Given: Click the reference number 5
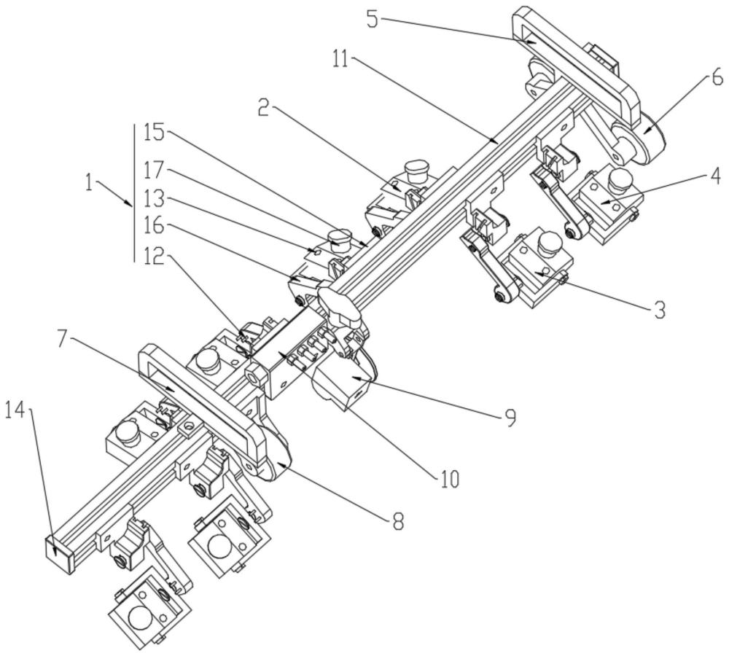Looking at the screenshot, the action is (x=373, y=19).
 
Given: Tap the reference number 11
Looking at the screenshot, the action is (x=342, y=59).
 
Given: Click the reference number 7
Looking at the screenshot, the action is (x=65, y=340).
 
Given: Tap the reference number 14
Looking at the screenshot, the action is (x=15, y=411).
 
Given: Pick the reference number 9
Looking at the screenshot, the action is (x=510, y=418).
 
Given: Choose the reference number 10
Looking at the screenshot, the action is (x=449, y=479).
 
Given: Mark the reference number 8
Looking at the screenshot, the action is (x=398, y=522).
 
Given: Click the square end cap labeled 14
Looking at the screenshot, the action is (x=60, y=551).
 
